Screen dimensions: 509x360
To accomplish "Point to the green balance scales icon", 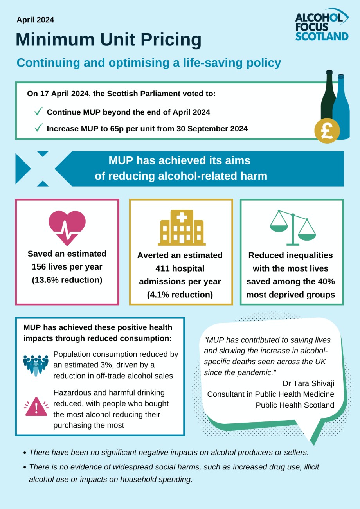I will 292,227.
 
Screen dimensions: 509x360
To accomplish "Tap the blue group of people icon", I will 36,363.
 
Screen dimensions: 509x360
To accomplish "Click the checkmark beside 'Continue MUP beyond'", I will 38,112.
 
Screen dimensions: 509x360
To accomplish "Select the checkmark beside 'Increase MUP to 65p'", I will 38,128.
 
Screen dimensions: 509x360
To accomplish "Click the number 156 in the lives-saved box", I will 40,267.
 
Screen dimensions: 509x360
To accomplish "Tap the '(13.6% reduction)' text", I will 67,280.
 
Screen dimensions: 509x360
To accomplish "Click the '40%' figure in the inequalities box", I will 325,282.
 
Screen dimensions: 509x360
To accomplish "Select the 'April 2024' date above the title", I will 35,20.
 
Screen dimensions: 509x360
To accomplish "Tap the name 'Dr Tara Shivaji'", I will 308,383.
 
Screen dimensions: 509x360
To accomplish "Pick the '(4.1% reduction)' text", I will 180,295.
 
